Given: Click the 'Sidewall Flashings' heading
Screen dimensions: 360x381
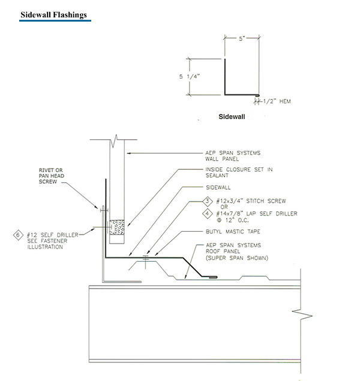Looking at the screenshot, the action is coord(53,15).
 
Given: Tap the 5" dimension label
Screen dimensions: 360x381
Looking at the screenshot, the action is coord(242,38).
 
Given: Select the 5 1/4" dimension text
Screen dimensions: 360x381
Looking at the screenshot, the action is coord(190,77).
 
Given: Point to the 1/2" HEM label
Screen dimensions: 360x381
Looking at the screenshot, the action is coord(277,101).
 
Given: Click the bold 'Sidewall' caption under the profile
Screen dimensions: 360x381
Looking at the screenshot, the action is coord(232,116).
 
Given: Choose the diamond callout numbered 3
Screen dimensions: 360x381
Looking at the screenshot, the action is coord(207,201).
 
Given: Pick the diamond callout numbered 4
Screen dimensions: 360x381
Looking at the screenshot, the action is coord(207,214).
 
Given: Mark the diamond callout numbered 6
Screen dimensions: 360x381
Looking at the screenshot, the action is coord(18,235).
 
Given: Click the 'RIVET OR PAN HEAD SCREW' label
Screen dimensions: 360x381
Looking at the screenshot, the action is coord(52,176).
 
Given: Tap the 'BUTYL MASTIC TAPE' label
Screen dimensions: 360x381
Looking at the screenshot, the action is coord(233,232).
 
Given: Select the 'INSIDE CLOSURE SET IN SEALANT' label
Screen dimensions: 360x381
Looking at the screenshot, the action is coord(239,173).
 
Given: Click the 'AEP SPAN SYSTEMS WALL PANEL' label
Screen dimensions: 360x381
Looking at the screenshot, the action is coord(233,156).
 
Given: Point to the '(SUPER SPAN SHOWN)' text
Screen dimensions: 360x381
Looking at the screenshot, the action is coord(237,258).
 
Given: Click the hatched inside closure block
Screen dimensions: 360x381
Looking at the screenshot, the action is coord(117,227).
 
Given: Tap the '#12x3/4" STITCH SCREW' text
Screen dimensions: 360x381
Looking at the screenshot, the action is coord(251,201).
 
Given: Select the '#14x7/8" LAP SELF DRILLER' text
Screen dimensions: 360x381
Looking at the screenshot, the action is coord(257,214).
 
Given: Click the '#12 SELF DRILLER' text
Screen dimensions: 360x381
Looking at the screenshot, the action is coord(52,235).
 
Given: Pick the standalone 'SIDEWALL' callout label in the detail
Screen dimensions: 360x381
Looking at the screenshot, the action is coord(218,188).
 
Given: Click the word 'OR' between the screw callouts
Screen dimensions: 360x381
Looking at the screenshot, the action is coord(224,207).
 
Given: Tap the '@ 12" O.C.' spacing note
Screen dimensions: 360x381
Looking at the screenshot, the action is coord(233,220).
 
